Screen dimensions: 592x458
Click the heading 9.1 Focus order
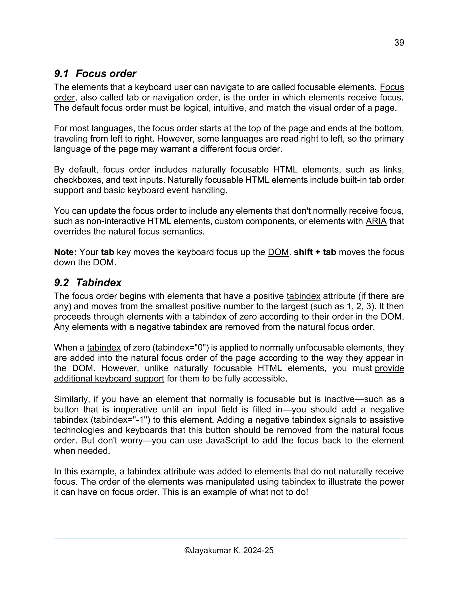(x=95, y=73)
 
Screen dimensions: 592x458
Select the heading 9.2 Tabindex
(x=88, y=282)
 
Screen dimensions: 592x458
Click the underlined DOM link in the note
(x=278, y=252)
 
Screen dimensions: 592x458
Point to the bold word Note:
(x=65, y=252)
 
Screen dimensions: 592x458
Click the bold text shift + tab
(x=315, y=252)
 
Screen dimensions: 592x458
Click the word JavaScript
(x=227, y=441)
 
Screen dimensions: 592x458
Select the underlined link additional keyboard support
(x=109, y=379)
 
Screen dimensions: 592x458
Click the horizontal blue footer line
(x=230, y=539)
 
